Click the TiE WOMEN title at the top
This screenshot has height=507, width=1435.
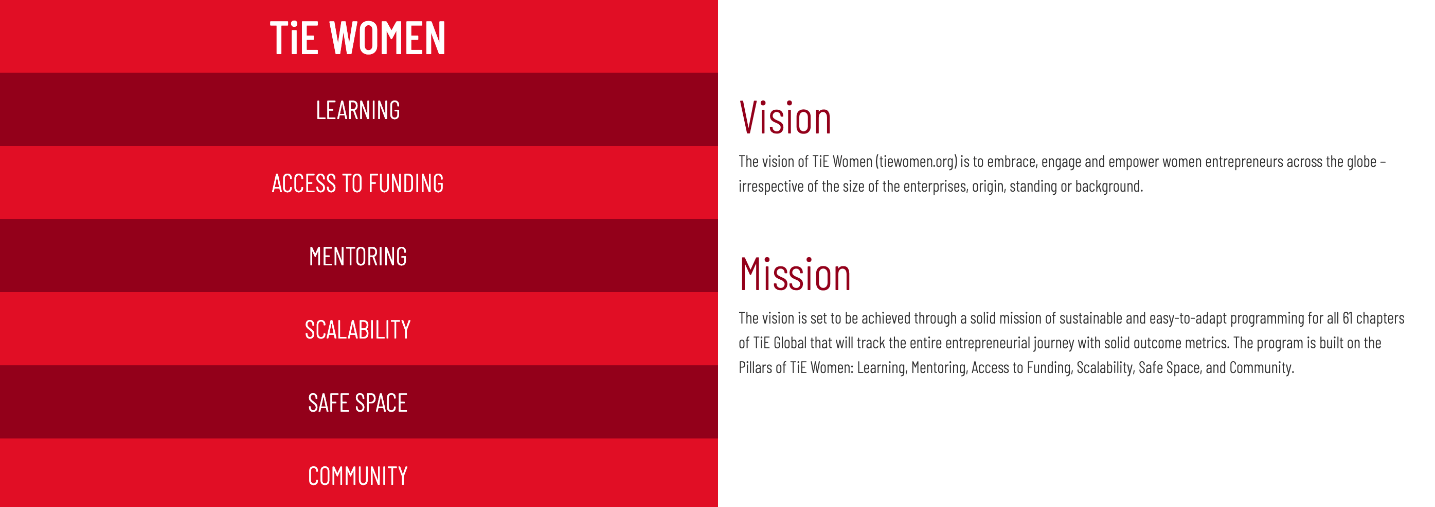357,38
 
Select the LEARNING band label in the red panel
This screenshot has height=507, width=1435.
357,110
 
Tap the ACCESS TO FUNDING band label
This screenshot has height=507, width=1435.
357,183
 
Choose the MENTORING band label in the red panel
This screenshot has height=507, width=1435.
357,257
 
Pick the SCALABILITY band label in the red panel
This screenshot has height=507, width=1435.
357,330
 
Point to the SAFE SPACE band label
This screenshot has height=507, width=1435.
357,403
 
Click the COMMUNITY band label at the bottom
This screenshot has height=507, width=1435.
357,476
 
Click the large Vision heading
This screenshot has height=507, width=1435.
785,117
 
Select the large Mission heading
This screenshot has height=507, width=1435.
795,274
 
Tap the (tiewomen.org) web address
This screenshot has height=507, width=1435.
916,162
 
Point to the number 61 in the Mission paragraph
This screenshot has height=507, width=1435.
1347,318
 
